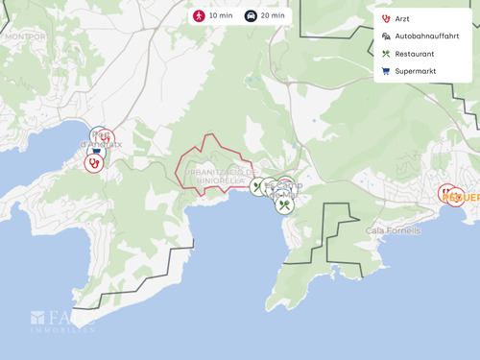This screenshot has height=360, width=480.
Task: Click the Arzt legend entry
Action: click(402, 18)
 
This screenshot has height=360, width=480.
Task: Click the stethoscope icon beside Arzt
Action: click(386, 18)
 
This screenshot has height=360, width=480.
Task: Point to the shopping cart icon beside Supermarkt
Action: click(386, 71)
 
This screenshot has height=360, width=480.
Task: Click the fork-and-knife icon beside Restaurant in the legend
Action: click(386, 54)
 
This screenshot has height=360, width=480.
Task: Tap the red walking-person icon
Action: click(199, 16)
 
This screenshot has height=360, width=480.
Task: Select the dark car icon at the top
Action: click(251, 16)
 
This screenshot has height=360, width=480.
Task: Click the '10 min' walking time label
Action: click(220, 16)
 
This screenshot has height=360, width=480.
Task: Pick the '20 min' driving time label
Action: click(272, 16)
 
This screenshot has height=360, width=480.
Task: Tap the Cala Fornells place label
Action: click(393, 230)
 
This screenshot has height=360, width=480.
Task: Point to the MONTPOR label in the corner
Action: click(25, 36)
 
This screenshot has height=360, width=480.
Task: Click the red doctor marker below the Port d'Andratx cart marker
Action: click(93, 163)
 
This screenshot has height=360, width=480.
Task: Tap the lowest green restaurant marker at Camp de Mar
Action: click(284, 204)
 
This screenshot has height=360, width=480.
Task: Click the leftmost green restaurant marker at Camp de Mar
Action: click(256, 186)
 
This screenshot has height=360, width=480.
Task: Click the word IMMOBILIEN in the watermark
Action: click(62, 329)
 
